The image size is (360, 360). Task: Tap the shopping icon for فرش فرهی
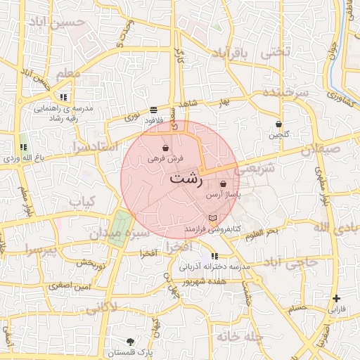tap(165, 148)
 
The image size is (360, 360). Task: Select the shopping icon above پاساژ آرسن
tap(223, 184)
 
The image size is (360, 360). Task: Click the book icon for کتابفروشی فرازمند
tap(213, 219)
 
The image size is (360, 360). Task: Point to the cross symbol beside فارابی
tap(336, 298)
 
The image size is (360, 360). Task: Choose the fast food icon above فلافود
tap(153, 110)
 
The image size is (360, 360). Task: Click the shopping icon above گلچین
tap(278, 124)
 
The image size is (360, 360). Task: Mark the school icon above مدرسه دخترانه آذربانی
tap(214, 256)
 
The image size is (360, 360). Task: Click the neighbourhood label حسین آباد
tap(60, 22)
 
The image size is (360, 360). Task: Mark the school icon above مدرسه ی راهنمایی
tap(63, 97)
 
